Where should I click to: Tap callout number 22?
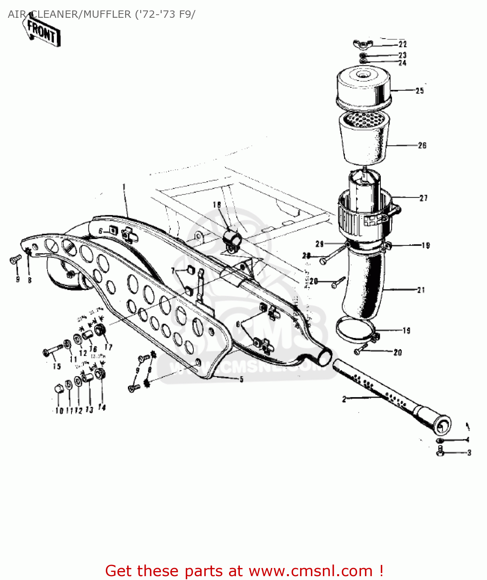click(x=403, y=44)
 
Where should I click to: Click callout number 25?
click(x=420, y=91)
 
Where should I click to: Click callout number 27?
click(x=424, y=198)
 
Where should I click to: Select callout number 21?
click(x=421, y=290)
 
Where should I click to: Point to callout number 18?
click(x=217, y=205)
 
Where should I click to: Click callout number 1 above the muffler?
click(x=124, y=187)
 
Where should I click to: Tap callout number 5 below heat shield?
click(x=241, y=379)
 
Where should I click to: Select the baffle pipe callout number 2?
click(x=344, y=399)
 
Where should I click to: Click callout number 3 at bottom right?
click(x=469, y=453)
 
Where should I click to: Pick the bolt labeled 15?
click(x=52, y=351)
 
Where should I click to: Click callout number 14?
click(x=102, y=407)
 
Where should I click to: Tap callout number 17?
click(x=109, y=347)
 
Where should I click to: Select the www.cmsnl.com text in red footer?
click(x=310, y=571)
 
